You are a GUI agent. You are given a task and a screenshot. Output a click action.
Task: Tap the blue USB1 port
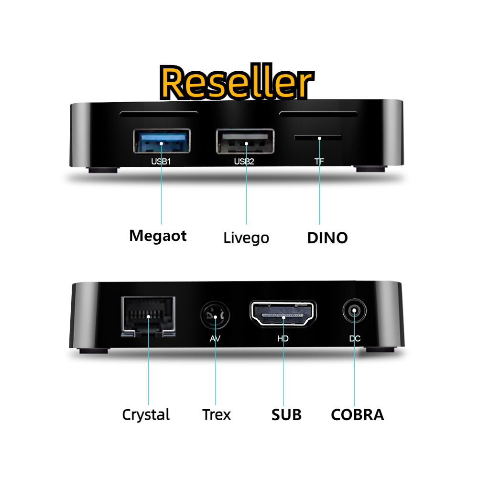coord(161,141)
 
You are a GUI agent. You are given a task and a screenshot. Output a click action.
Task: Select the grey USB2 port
coord(245,141)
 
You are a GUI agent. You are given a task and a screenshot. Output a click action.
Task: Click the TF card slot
coord(318,138)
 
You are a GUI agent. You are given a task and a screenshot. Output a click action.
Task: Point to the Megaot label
coord(158,236)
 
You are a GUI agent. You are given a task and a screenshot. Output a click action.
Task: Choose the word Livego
coord(246,238)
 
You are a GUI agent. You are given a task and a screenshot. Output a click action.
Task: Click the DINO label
coord(327,238)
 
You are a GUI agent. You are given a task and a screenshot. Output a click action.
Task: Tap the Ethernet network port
coord(148,315)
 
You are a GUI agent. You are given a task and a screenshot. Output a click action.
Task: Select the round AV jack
coord(215,316)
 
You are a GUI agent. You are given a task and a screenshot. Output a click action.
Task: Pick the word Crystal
coord(146,414)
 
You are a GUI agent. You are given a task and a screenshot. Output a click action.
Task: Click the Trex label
coord(216,414)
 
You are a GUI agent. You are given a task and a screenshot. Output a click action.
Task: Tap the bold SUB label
coord(286,414)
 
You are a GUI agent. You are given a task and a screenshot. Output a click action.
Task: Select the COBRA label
coord(357,414)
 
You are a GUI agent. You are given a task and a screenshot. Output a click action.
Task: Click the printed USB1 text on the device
coord(161,161)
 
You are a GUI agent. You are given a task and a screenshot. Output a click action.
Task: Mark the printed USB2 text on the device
coord(244,161)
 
